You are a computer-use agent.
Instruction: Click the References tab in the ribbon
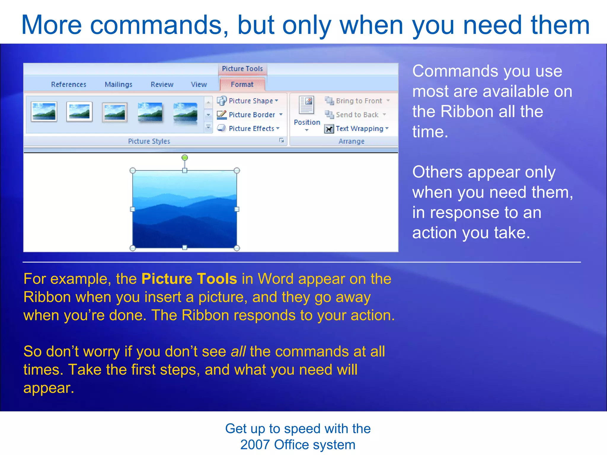[x=68, y=84]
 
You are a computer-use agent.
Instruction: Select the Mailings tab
[x=118, y=84]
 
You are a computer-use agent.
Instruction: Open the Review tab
[x=162, y=84]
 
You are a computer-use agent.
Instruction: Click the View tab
[x=199, y=84]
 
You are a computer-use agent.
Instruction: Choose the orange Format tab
[x=242, y=84]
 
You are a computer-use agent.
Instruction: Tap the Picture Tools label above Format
[x=242, y=69]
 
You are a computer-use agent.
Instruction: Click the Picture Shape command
[x=250, y=101]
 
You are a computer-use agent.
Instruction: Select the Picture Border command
[x=252, y=115]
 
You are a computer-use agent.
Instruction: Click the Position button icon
[x=306, y=105]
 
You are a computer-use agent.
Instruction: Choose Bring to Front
[x=359, y=101]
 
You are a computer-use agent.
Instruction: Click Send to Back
[x=357, y=115]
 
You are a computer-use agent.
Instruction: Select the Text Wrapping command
[x=359, y=129]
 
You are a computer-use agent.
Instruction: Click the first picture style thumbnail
[x=44, y=112]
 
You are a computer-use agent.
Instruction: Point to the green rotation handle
[x=185, y=157]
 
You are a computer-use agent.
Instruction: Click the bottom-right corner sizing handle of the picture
[x=237, y=248]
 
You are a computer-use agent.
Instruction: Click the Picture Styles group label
[x=149, y=141]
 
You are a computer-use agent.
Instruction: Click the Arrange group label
[x=351, y=141]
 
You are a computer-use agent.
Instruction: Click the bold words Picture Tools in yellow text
[x=189, y=279]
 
